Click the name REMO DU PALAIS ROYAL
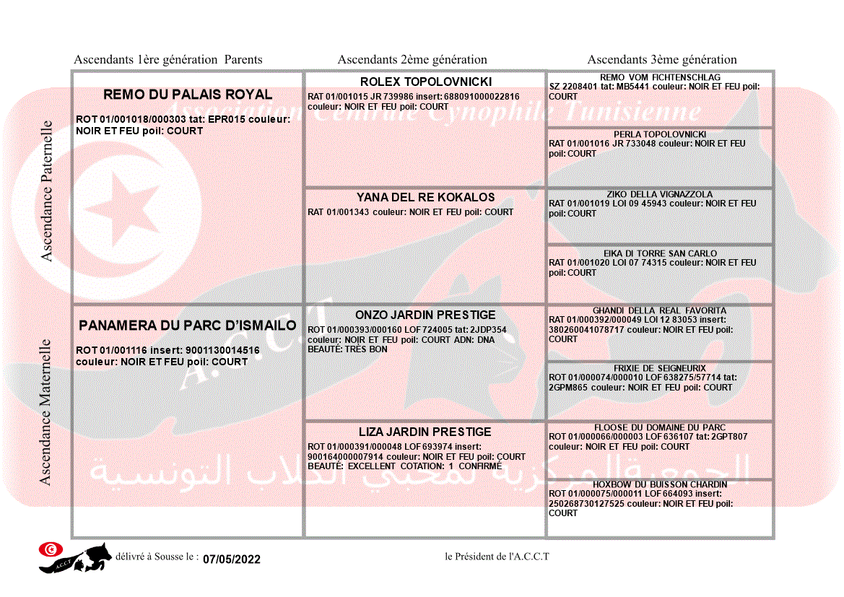click(188, 95)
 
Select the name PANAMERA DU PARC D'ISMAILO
click(188, 326)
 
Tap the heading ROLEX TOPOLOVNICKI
click(426, 82)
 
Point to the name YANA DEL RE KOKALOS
click(426, 197)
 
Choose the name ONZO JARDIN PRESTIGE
click(426, 315)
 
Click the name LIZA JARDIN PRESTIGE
click(426, 432)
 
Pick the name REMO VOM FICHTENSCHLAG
click(660, 77)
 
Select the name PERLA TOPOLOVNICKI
click(660, 134)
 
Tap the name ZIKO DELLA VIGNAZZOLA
click(660, 194)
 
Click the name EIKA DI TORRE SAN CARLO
click(660, 253)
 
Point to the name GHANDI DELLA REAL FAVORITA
click(660, 310)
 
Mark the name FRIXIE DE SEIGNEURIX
click(660, 368)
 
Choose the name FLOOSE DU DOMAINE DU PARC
click(660, 427)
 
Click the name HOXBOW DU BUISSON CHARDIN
click(660, 484)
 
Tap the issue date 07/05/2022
click(232, 559)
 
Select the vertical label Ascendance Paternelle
click(47, 191)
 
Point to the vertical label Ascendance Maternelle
click(45, 411)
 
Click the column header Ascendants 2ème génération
click(412, 60)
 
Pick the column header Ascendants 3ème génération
click(662, 60)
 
